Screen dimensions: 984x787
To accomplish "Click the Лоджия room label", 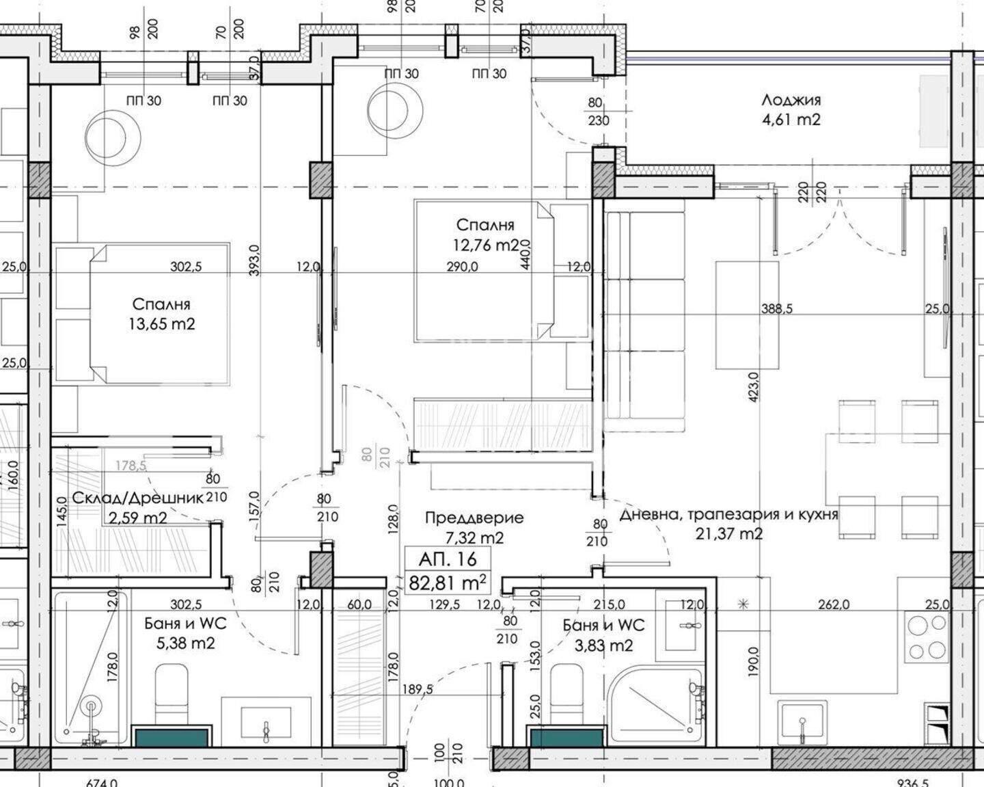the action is (791, 100).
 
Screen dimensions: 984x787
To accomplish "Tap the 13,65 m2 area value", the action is (162, 324).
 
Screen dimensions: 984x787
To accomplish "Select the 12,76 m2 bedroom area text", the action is (487, 245).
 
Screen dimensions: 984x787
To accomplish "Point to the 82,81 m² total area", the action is (447, 583).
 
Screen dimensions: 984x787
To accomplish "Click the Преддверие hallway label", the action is (474, 518).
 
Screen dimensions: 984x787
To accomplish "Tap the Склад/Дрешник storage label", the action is (137, 498).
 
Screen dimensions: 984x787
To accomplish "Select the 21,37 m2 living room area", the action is (729, 533).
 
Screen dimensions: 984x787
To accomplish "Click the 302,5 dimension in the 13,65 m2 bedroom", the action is (186, 266).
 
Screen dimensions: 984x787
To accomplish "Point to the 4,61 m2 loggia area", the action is (791, 120).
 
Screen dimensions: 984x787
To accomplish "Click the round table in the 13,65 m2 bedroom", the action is (113, 137).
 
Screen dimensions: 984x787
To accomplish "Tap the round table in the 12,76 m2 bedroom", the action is (394, 109).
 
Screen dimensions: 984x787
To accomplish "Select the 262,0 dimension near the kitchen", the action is (834, 604).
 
